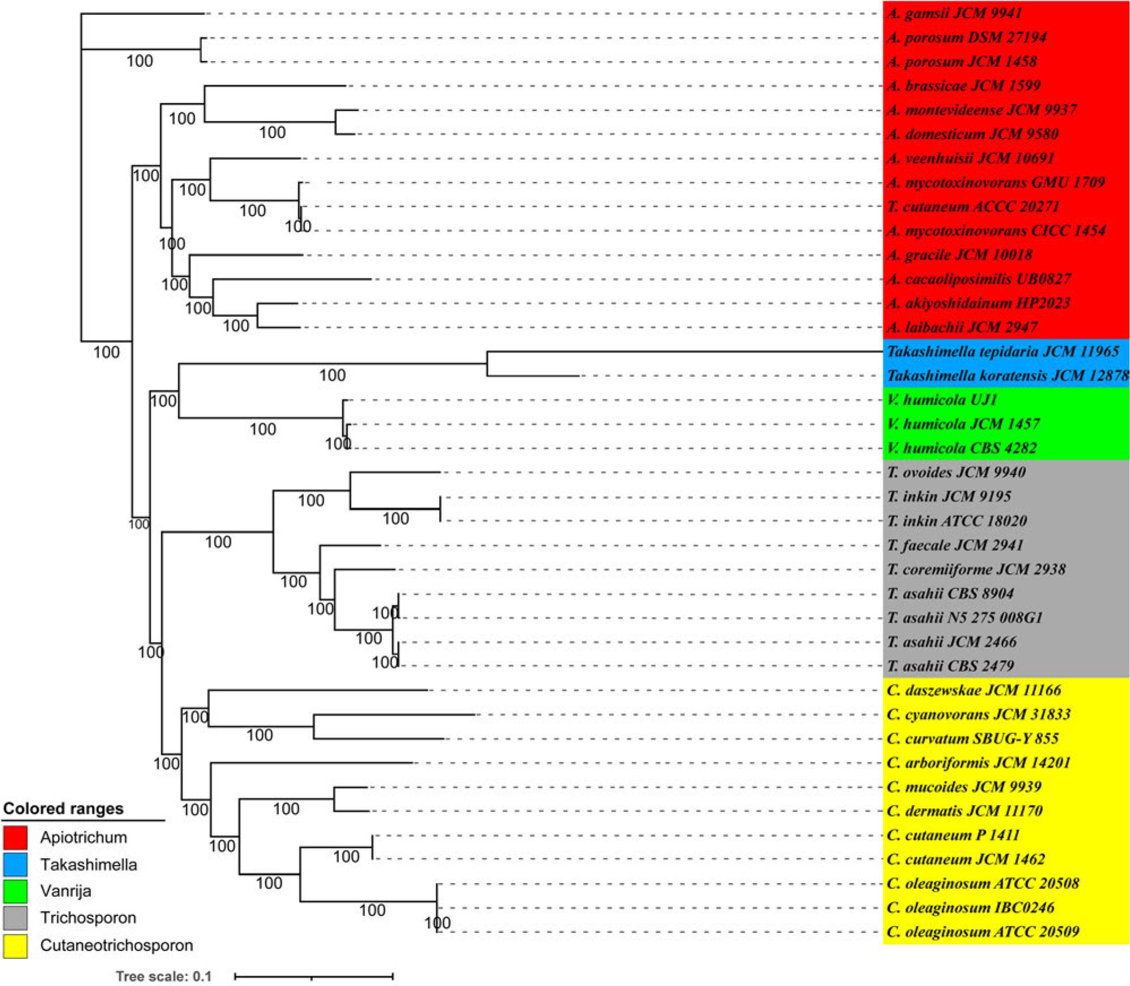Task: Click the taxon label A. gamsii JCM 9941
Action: click(x=954, y=13)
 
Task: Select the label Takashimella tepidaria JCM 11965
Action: click(x=1003, y=351)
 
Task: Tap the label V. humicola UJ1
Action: click(x=942, y=400)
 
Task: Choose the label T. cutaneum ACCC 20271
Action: click(x=973, y=206)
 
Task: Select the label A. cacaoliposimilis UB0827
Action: click(x=978, y=279)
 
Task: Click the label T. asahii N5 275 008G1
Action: click(x=965, y=618)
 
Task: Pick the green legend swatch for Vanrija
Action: click(x=15, y=892)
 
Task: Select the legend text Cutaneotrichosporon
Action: click(x=117, y=945)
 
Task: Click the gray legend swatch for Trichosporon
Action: click(x=15, y=918)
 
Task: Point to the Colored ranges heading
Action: click(x=63, y=809)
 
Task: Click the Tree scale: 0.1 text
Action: click(x=164, y=976)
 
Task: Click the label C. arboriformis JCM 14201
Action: click(x=978, y=763)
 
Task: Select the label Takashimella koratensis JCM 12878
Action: click(x=1007, y=376)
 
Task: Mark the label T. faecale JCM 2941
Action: click(x=955, y=545)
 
